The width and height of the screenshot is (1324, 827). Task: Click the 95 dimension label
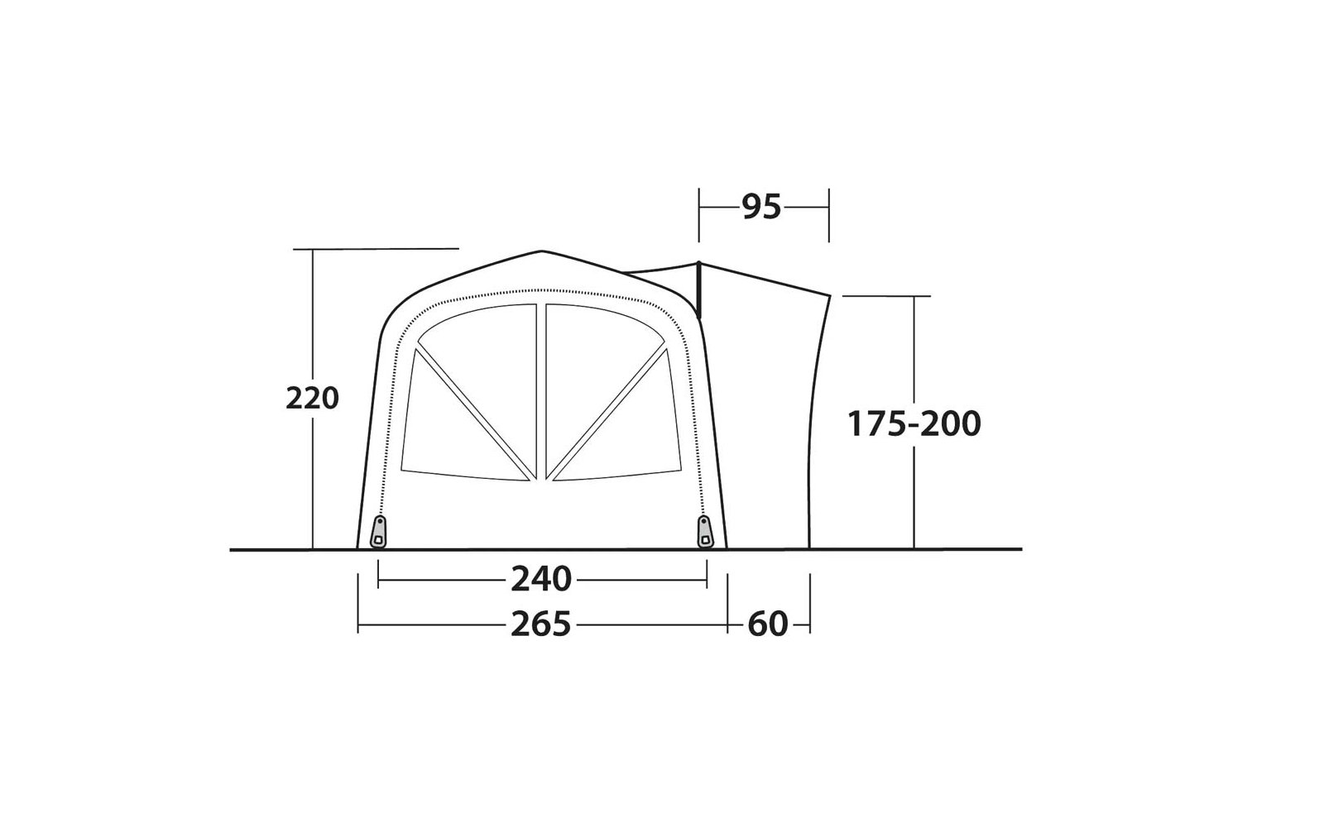coord(761,208)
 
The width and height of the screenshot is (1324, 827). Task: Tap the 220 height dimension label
coord(312,398)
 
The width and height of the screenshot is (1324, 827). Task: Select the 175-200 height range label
coord(914,423)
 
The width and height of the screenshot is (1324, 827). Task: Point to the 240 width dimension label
coord(541,579)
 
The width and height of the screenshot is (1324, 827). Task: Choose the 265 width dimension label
coord(541,624)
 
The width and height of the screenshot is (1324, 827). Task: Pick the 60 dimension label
coord(768,624)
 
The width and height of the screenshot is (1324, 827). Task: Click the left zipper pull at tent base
coord(378,532)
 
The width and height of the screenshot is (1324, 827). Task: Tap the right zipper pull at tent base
coord(705,532)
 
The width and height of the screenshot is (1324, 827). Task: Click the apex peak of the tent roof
coord(541,251)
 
